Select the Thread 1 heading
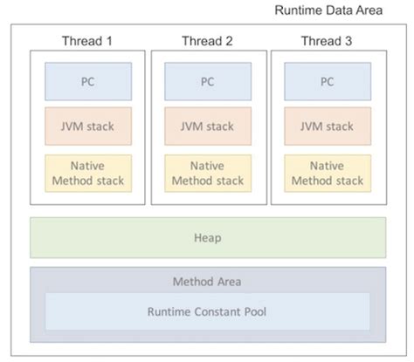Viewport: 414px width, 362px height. point(87,40)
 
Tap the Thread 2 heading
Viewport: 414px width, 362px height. point(207,40)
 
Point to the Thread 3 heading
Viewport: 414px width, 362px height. point(328,40)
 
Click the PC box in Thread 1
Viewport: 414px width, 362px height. point(87,81)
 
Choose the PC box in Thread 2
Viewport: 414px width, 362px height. point(207,81)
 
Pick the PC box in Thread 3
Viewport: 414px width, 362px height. point(328,81)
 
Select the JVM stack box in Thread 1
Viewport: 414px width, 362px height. point(87,126)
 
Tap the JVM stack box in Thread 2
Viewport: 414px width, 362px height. point(207,126)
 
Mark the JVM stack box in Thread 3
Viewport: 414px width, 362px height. point(328,126)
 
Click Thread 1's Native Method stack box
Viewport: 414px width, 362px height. point(87,173)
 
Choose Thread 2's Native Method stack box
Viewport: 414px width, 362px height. point(207,173)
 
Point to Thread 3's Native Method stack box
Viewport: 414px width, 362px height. point(328,173)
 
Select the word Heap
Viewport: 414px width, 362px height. point(207,237)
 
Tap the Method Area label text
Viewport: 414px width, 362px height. point(207,281)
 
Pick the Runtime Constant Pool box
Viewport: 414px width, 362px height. point(207,311)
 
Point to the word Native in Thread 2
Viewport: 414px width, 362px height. point(207,165)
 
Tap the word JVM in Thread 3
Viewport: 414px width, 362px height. point(309,126)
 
